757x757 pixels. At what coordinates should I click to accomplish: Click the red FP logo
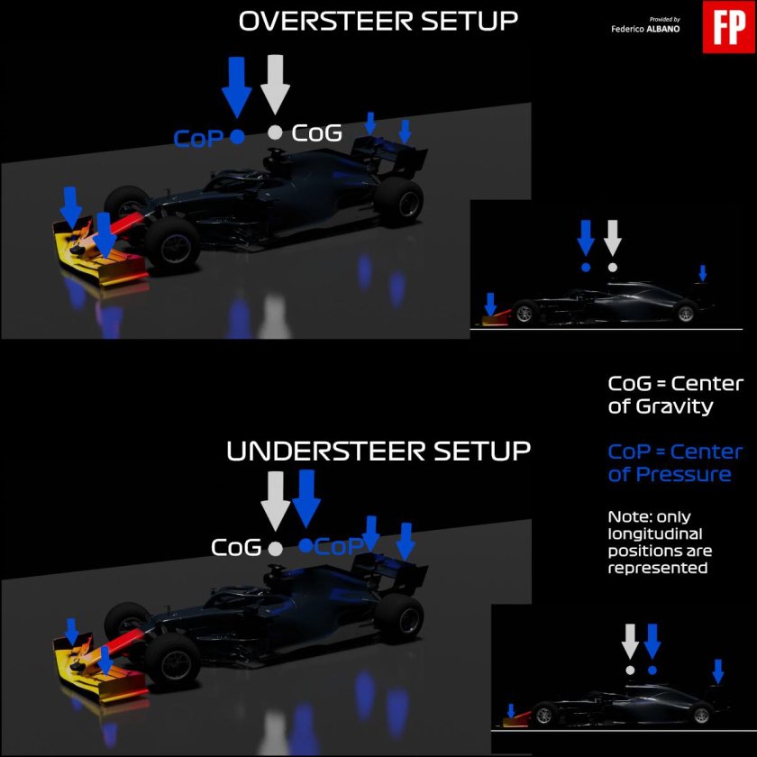pos(728,27)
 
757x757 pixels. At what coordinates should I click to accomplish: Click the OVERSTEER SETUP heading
pos(378,22)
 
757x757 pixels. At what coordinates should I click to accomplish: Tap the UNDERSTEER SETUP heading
pos(378,451)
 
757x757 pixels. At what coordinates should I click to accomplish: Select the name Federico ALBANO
pos(645,29)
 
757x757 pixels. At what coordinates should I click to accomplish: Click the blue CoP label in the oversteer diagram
pos(198,139)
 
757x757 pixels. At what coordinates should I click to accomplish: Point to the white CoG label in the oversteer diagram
pos(316,132)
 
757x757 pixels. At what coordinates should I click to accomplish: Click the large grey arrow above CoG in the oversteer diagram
pos(275,85)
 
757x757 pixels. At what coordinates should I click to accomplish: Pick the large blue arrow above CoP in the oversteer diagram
pos(236,87)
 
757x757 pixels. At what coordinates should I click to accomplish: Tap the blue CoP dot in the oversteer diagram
pos(237,137)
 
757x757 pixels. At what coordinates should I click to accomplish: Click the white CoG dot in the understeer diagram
pos(275,549)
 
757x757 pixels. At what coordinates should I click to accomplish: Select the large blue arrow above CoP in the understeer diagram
pos(306,498)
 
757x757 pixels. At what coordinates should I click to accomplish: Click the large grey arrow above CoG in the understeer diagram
pos(275,502)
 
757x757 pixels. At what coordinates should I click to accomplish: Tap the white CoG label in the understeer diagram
pos(236,548)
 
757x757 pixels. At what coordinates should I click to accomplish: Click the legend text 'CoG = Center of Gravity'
pos(675,395)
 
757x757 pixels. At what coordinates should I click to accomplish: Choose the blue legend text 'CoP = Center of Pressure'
pos(675,463)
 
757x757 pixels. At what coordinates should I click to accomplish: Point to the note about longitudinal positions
pos(660,543)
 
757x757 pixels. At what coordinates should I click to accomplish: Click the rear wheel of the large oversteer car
pos(399,202)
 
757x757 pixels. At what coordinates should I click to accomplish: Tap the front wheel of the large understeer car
pos(172,660)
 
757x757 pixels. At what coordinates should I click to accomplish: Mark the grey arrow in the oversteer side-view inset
pos(613,238)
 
